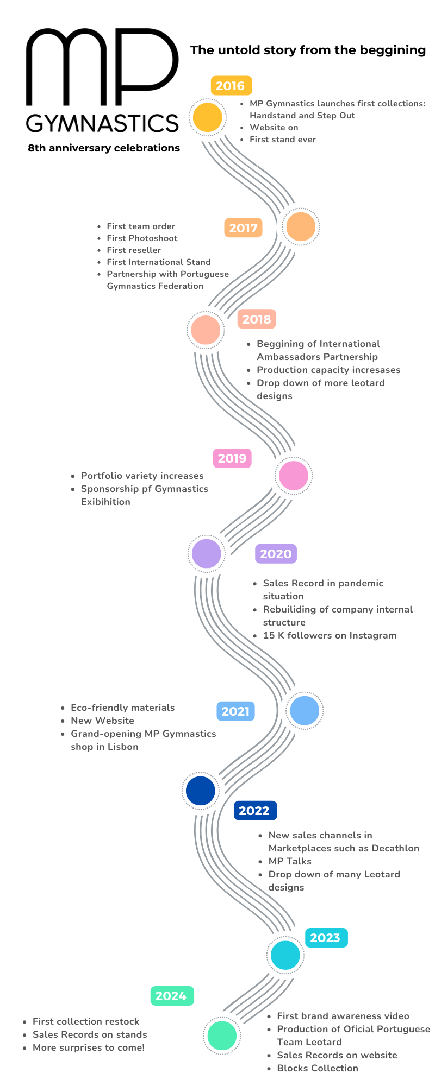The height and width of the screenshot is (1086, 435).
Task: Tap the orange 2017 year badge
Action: tap(243, 228)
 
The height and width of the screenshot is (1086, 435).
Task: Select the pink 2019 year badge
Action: tap(232, 458)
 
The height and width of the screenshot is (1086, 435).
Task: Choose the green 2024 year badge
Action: tap(172, 996)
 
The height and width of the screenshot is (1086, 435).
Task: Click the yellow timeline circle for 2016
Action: tap(207, 117)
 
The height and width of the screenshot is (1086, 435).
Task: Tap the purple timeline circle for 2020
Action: tap(207, 553)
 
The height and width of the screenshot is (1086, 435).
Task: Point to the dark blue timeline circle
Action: tap(201, 791)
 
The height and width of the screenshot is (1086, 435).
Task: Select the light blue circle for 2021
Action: tap(304, 710)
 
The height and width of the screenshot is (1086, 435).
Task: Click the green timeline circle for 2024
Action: tap(222, 1036)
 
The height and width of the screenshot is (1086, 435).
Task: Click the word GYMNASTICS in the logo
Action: tap(102, 123)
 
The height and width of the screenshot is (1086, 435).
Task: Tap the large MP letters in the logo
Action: tap(102, 66)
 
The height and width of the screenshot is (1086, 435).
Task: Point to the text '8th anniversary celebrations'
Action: tap(104, 148)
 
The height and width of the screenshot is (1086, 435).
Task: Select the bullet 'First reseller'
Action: tap(134, 250)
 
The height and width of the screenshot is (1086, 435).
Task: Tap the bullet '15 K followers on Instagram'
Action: tap(330, 635)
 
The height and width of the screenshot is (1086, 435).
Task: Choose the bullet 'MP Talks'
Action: tap(290, 861)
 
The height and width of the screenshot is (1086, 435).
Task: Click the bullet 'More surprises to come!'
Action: tap(89, 1047)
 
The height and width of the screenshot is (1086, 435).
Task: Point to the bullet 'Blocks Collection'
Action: tap(318, 1068)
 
